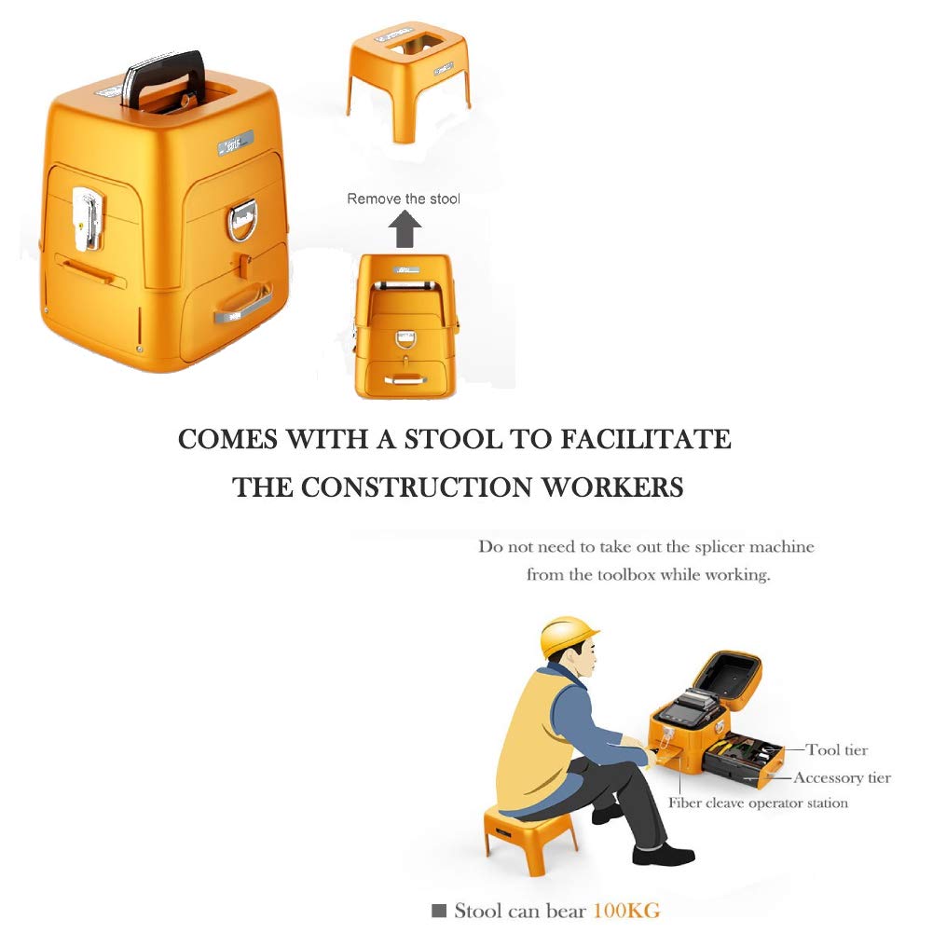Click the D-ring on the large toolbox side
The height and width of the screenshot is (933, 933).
tap(241, 220)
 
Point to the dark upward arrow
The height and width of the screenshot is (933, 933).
tap(405, 229)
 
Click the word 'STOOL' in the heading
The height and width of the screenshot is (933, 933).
tap(453, 439)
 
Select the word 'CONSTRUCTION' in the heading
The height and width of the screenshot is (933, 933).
tap(416, 487)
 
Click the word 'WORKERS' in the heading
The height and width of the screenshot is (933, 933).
tap(612, 487)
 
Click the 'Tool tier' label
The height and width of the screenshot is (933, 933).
tap(837, 749)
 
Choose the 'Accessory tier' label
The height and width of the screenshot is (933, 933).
tap(842, 777)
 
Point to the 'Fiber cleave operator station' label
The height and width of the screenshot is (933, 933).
tap(758, 803)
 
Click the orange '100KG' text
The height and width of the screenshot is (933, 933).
tap(627, 911)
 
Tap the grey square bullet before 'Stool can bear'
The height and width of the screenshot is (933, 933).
tap(438, 911)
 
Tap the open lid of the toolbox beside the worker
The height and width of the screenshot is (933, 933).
tap(727, 680)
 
